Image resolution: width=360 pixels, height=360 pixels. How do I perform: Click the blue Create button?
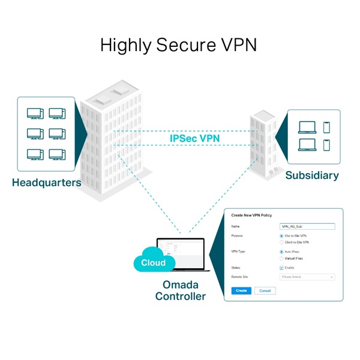tap(241, 290)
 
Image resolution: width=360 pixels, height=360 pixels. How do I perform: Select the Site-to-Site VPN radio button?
tap(282, 236)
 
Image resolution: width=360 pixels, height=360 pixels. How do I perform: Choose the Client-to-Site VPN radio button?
tap(282, 242)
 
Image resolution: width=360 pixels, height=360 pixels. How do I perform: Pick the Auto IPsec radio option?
tap(282, 252)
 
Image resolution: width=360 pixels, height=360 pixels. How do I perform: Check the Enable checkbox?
tap(282, 268)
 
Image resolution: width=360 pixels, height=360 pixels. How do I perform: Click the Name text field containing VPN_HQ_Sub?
tap(307, 227)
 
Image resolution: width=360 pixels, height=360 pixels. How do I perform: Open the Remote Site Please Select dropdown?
tap(307, 277)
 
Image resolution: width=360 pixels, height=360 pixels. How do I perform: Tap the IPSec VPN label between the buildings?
tap(194, 139)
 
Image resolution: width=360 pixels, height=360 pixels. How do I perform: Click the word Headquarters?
tap(46, 183)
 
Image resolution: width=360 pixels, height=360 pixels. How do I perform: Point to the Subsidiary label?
tap(311, 176)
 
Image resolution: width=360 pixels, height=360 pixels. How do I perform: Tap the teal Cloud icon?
tap(153, 263)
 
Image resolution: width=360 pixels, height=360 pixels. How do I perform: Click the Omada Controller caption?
tap(180, 290)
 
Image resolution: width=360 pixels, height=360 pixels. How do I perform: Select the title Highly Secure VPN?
tap(179, 45)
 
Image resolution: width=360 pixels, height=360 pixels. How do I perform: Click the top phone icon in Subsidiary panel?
tap(326, 127)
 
